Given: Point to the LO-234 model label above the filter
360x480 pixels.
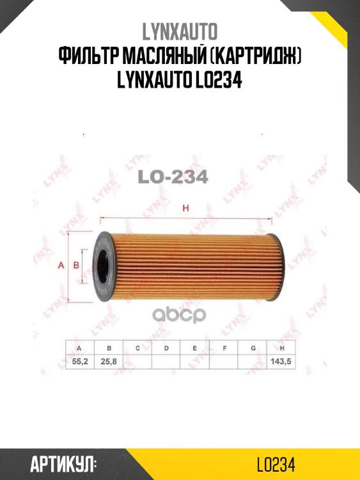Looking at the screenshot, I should click(x=173, y=177).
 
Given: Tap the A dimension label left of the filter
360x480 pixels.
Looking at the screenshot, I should click(x=61, y=265).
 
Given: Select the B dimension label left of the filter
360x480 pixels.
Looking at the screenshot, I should click(x=75, y=265).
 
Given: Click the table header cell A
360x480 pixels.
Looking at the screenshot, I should click(x=79, y=348).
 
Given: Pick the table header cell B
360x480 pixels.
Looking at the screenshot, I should click(x=109, y=348).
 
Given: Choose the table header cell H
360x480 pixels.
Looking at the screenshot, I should click(x=281, y=348).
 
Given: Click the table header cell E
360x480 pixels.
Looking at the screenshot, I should click(x=195, y=348).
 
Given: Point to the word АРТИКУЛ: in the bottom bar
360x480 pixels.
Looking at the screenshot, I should click(x=63, y=464).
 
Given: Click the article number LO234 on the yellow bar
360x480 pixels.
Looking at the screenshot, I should click(x=274, y=464).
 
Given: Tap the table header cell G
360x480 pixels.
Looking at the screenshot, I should click(x=253, y=348).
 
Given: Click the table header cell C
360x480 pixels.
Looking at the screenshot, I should click(x=137, y=348).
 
